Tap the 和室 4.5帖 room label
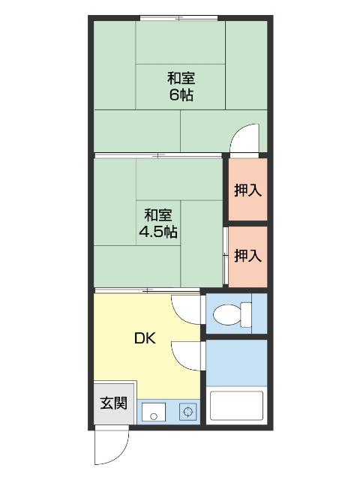coord(158,223)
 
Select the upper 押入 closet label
coord(247,190)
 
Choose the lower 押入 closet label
coord(247,256)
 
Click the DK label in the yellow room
coord(145,338)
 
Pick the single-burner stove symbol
coord(187,412)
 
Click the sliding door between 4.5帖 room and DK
coord(147,289)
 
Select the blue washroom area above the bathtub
coord(236,363)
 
